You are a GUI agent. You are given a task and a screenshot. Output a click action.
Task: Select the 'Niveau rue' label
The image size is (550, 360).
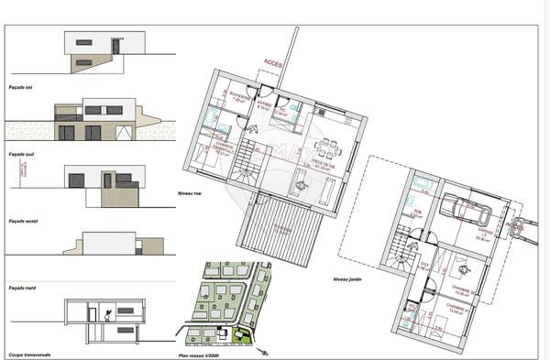click(189, 195)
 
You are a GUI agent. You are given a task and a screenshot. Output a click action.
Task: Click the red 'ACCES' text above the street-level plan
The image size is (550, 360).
click(273, 65)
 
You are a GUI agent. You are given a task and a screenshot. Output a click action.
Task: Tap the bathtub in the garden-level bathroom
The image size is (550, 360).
click(422, 187)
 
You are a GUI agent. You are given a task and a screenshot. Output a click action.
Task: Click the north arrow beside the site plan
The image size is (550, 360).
click(265, 349)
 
